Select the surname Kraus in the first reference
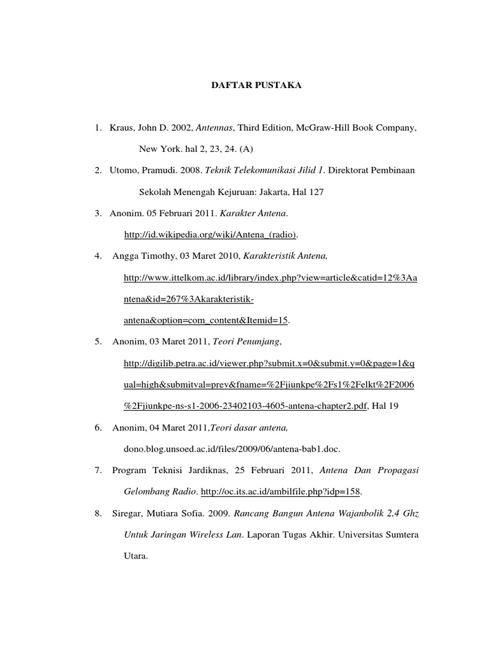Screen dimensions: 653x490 122,129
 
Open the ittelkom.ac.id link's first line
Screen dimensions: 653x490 271,278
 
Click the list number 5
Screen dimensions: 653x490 98,342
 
